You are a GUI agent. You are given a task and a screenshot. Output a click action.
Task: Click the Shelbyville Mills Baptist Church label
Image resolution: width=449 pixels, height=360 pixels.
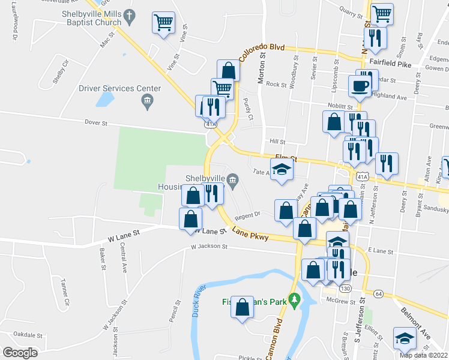(91, 18)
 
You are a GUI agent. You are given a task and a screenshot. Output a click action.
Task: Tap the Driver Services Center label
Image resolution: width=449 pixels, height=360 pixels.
(120, 89)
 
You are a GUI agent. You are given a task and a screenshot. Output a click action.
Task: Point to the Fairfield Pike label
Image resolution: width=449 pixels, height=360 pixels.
(390, 62)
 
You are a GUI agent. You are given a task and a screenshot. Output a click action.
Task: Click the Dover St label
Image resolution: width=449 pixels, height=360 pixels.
(95, 124)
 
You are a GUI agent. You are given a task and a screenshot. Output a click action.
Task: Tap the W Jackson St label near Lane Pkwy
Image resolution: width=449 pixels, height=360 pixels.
(209, 247)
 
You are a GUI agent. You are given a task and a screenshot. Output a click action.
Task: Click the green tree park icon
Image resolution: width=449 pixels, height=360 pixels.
(294, 298)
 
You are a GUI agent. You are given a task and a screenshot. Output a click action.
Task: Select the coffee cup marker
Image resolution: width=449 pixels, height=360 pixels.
(360, 85)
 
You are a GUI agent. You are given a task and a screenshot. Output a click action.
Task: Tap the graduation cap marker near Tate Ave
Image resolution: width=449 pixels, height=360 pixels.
(281, 172)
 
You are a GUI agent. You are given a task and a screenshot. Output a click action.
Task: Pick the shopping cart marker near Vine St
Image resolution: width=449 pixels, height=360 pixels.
(163, 23)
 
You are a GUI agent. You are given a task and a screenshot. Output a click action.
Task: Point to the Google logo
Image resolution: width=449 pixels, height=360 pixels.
(20, 352)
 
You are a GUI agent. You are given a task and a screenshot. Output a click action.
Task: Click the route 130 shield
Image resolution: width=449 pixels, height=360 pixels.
(345, 289)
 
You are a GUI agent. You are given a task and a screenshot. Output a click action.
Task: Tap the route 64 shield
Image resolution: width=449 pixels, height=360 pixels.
(378, 293)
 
